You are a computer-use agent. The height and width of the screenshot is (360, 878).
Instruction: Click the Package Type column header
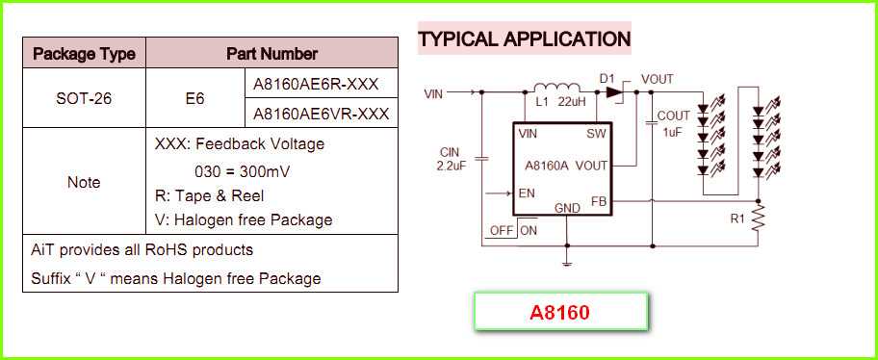click(x=84, y=54)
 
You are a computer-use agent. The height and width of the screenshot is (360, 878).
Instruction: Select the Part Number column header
click(x=271, y=54)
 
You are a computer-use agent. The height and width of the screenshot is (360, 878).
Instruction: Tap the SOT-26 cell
click(x=84, y=98)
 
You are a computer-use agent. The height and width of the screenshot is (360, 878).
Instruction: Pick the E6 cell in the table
click(x=194, y=98)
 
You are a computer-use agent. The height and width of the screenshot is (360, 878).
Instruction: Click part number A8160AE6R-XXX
click(x=321, y=84)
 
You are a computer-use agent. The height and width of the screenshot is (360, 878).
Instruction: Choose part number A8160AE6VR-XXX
click(x=321, y=114)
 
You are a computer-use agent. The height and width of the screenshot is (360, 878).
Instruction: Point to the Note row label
click(x=84, y=181)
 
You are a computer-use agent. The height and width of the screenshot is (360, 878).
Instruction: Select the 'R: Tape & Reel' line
click(x=209, y=195)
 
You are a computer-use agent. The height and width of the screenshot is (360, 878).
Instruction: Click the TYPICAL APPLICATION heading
click(x=524, y=39)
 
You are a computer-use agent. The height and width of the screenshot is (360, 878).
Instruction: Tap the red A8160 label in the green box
click(x=559, y=314)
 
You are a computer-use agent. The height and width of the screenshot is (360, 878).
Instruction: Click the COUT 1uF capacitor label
click(x=673, y=123)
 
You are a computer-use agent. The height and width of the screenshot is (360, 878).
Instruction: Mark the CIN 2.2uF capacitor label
click(x=450, y=159)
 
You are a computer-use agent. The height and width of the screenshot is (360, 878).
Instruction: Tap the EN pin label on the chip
click(x=527, y=193)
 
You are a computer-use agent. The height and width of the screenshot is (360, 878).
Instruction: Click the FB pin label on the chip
click(x=598, y=201)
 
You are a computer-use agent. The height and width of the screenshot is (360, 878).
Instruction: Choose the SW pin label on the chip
click(x=596, y=134)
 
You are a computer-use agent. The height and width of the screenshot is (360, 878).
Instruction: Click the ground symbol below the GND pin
click(x=567, y=260)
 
